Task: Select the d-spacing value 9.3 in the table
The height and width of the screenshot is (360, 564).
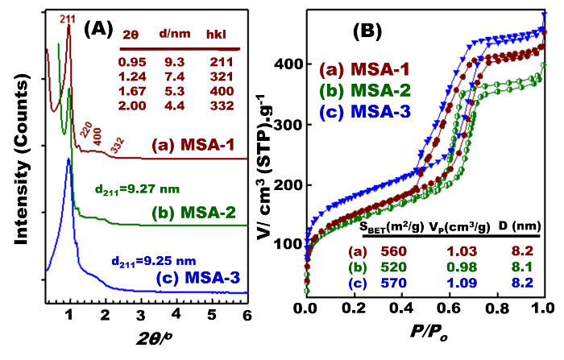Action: click(x=173, y=61)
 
